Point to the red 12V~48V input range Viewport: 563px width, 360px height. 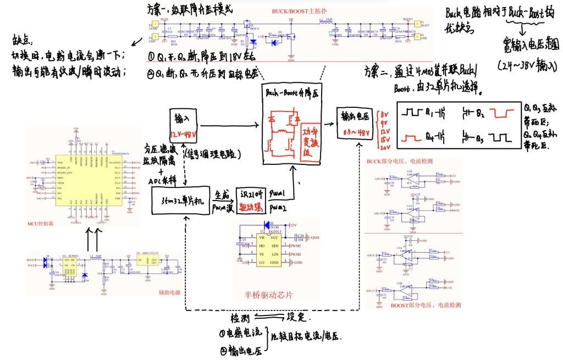[184, 134]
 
